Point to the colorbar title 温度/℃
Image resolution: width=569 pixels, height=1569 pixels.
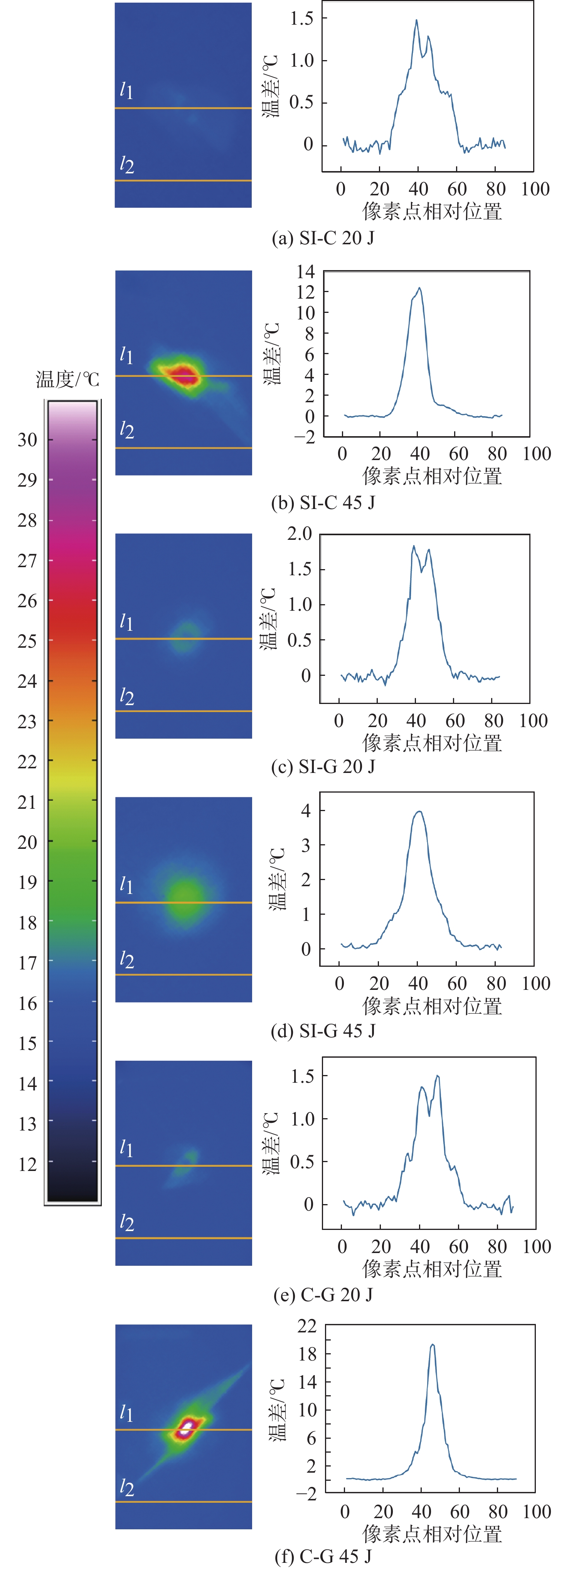67,380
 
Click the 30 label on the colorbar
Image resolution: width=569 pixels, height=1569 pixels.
27,439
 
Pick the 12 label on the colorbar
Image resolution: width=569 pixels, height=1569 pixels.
27,1164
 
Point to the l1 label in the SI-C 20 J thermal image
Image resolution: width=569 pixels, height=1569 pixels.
126,90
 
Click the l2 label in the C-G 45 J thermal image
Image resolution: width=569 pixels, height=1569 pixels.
126,1487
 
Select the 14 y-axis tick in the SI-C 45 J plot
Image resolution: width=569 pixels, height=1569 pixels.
306,272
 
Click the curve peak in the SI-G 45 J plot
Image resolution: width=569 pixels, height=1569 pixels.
419,811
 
